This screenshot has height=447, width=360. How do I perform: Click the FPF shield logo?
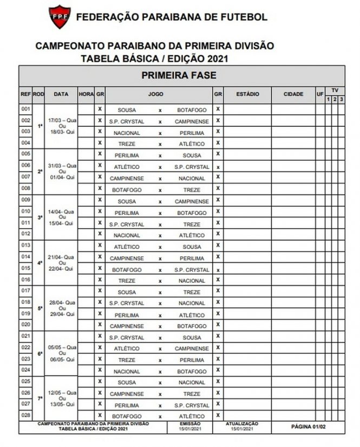coord(60,17)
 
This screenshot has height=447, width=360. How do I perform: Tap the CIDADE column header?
coord(293,94)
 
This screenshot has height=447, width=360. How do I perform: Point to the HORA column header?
coord(86,94)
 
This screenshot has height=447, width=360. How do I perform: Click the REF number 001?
coord(25,108)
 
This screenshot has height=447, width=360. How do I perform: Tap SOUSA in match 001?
coord(127,109)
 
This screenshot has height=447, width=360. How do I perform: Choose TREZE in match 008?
coord(192,190)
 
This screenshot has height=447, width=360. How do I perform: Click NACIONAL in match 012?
coord(127,236)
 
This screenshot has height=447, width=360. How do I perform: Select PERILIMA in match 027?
coord(127,405)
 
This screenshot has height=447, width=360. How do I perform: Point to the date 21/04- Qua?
coord(62,257)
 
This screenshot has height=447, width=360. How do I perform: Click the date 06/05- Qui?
coord(62,359)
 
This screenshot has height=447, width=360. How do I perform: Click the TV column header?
coord(335,89)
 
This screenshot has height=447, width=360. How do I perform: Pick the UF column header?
coord(320,94)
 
